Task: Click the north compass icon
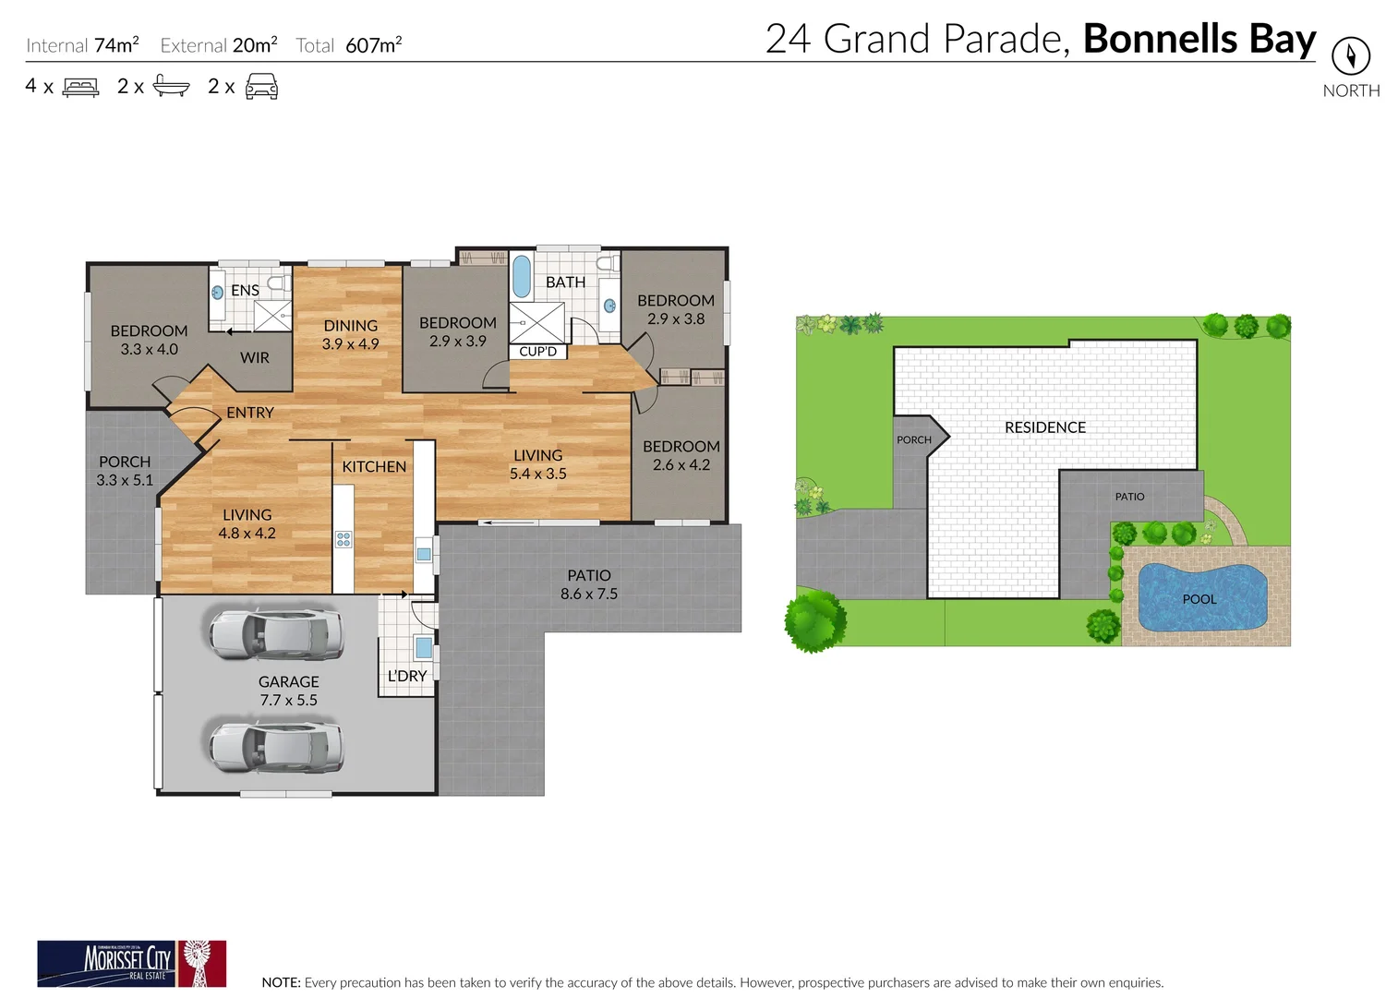(x=1350, y=56)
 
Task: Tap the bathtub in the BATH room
(x=522, y=275)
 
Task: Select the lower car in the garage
(x=276, y=747)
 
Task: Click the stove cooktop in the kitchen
(x=343, y=539)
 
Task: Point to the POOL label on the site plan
(x=1199, y=599)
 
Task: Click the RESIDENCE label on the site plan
(x=1044, y=427)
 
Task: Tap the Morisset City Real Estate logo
(x=131, y=964)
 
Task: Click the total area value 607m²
(x=373, y=45)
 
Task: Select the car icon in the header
(x=261, y=87)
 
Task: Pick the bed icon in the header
(x=80, y=87)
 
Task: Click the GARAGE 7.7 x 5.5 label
(x=288, y=691)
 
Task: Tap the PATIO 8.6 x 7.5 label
(x=588, y=584)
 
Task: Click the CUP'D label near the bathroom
(x=537, y=352)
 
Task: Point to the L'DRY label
(x=406, y=676)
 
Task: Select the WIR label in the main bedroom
(x=255, y=357)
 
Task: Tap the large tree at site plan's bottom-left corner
(x=814, y=620)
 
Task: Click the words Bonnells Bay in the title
(x=1199, y=39)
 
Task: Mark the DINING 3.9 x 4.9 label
(x=350, y=334)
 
